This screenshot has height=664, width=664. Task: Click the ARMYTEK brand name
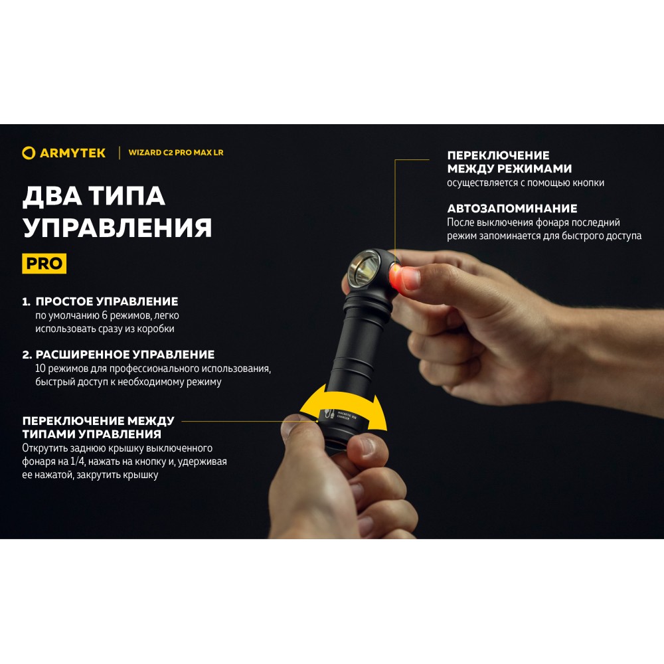click(x=72, y=153)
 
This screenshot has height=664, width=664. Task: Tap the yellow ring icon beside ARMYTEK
click(x=29, y=153)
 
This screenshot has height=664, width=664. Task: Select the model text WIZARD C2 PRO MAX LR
click(x=176, y=153)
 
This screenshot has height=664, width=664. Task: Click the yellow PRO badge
click(x=44, y=264)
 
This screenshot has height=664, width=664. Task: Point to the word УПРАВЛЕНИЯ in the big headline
click(x=118, y=227)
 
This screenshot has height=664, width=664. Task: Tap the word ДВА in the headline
click(x=52, y=196)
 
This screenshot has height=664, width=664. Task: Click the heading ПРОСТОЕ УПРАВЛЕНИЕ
click(x=107, y=301)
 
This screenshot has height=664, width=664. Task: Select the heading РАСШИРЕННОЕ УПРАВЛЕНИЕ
click(x=125, y=355)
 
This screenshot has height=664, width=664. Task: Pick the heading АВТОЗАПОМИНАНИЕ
click(x=512, y=208)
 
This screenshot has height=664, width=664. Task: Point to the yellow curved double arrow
click(x=343, y=408)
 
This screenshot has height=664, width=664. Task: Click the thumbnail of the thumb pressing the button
click(x=412, y=279)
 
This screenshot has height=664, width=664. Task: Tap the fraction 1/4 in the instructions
click(x=78, y=461)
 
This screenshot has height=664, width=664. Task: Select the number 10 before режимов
click(x=41, y=368)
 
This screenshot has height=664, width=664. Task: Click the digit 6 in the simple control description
click(x=105, y=315)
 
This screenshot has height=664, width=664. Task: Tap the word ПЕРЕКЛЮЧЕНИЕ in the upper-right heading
click(x=499, y=155)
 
